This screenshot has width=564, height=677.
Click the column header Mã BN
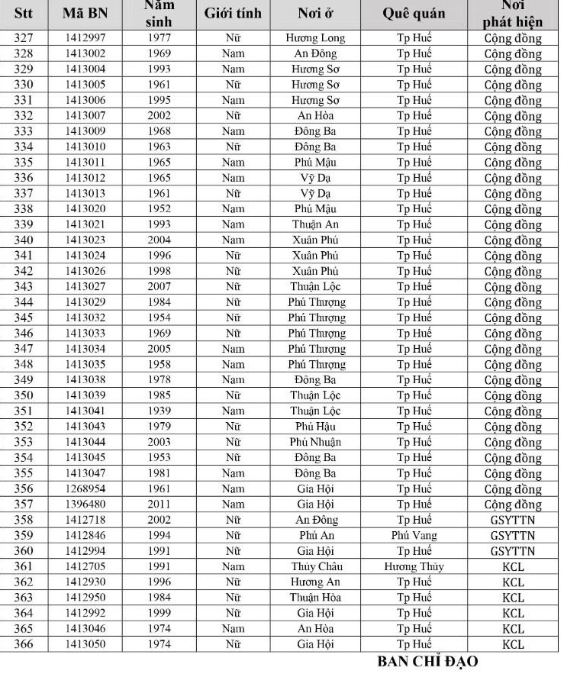pos(85,14)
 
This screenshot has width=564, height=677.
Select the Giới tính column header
pos(233,14)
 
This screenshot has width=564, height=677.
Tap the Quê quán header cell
pos(414,14)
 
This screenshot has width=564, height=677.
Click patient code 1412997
pos(85,38)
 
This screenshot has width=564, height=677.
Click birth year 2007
pos(159,286)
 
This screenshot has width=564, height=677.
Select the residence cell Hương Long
pos(315,38)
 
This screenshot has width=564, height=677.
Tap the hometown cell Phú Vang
pos(414,535)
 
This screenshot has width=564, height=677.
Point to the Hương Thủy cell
pos(414,566)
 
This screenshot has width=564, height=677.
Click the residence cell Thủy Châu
pos(315,566)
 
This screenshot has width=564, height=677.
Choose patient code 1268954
pos(85,488)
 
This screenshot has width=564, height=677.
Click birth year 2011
pos(159,504)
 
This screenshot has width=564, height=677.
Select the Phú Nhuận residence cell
pos(315,442)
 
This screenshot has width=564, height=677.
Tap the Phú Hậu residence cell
pos(315,426)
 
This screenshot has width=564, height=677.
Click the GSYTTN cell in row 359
pos(513,535)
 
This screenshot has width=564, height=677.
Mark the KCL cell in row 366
pos(513,644)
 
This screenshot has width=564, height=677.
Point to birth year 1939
pos(159,411)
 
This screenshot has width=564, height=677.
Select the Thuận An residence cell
pos(315,224)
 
